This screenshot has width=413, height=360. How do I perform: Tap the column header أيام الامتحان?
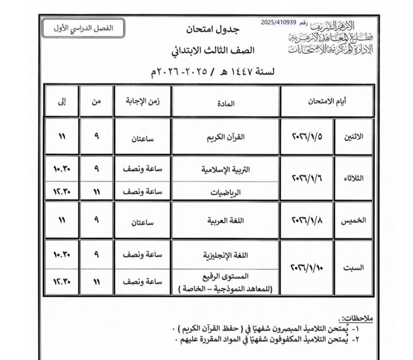pos(327,101)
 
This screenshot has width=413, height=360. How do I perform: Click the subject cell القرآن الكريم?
pos(225,136)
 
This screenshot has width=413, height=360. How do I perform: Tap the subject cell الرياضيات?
pos(225,192)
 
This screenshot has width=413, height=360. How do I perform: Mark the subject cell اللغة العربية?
pos(225,220)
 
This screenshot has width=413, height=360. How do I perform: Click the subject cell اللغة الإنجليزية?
pos(225,255)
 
